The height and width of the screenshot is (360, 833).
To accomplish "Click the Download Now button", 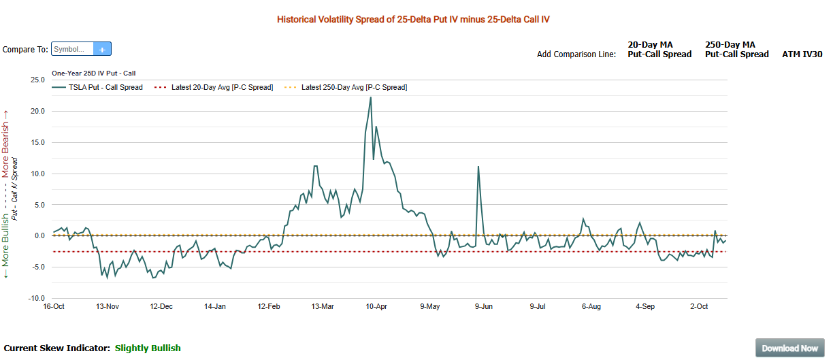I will pos(789,348).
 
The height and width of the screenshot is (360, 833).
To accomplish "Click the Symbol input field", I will pos(72,49).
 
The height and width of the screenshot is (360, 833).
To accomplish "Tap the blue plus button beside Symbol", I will pos(102,49).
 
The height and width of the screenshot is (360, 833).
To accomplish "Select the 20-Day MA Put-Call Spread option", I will pos(659,50).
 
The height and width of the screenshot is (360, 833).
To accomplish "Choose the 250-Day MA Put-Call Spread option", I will pos(736,50).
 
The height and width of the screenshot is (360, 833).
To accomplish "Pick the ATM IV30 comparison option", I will pos(802,54).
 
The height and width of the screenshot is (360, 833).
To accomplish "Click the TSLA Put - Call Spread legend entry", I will pos(105,87).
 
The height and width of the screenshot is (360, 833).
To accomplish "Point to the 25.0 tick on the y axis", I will pos(37,80).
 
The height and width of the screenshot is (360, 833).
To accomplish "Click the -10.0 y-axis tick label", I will pos(36,298).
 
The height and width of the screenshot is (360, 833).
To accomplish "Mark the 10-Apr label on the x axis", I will pos(376,307).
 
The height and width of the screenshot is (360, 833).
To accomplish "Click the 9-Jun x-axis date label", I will pos(483,307).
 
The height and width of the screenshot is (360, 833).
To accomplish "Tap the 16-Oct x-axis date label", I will pos(54,307).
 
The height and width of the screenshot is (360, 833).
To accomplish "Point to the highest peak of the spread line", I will pos(370,97).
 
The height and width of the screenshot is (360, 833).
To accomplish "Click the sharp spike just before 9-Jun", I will pos(478,167).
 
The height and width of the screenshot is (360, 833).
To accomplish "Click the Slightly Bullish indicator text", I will pos(148,348).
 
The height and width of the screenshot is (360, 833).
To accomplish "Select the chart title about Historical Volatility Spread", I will pos(413,20).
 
